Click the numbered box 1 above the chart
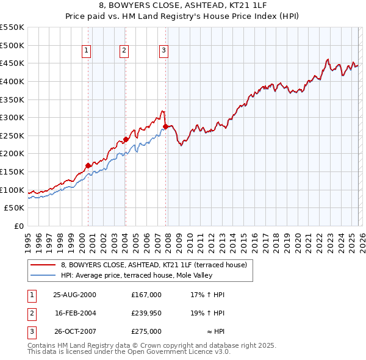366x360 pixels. [87, 51]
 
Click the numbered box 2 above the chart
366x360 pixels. [124, 51]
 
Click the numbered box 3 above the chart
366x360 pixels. [164, 51]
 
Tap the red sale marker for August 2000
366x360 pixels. [88, 165]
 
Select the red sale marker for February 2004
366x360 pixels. [126, 139]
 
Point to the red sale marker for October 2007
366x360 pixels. [166, 126]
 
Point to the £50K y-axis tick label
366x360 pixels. [15, 208]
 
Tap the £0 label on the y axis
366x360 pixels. [18, 226]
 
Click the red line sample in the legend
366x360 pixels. [43, 265]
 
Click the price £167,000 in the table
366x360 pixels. [146, 295]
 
